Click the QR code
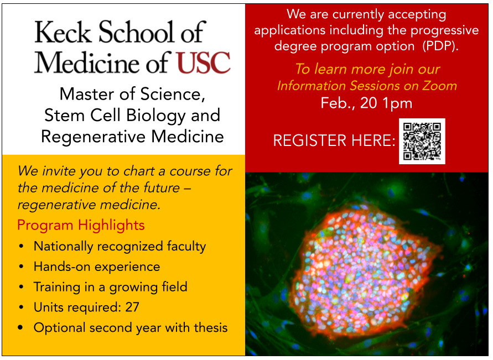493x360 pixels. pos(422,141)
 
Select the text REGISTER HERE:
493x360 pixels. pos(334,141)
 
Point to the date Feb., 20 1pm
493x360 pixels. pos(366,103)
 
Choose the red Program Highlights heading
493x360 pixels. pos(81,225)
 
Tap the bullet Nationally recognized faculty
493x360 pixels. pos(120,246)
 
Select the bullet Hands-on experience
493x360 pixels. pos(97,267)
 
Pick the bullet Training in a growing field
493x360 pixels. pos(110,287)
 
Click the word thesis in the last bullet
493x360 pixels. pos(211,327)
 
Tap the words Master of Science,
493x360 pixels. pos(132,93)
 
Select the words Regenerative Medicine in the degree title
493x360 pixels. pos(132,136)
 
